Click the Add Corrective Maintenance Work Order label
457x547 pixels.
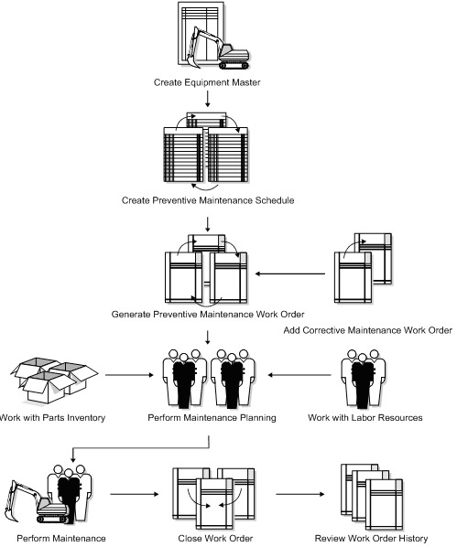point(367,331)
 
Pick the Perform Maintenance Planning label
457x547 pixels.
point(209,418)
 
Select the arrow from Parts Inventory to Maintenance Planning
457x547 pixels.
point(128,374)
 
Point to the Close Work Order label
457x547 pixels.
point(209,539)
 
